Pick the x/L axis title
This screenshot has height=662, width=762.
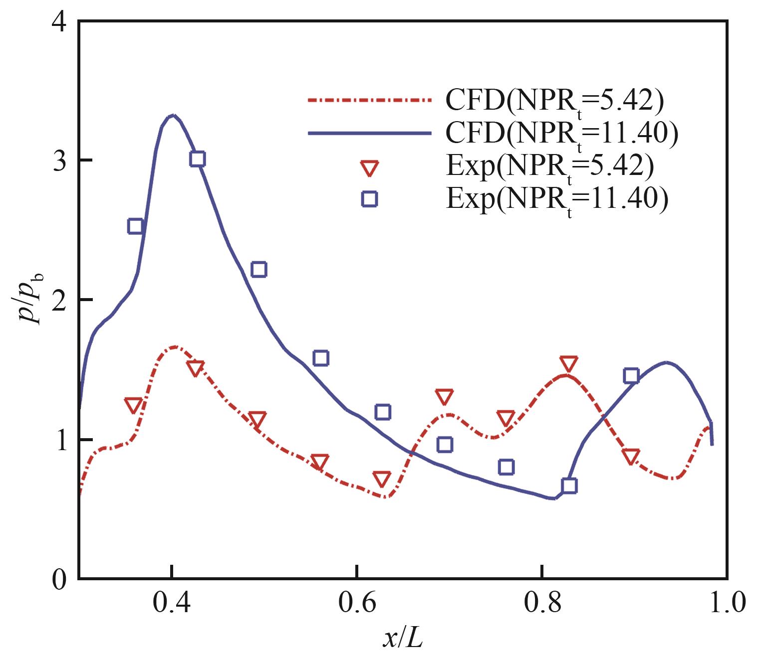(403, 639)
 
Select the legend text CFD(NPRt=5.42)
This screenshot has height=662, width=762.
(554, 101)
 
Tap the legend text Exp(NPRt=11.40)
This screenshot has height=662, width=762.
(556, 198)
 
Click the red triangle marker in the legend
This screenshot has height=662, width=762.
(369, 168)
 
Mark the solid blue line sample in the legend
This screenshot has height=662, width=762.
(369, 133)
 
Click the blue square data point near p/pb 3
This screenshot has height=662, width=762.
(198, 159)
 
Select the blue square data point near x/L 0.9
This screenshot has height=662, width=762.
(631, 375)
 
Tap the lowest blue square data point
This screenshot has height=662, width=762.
(569, 486)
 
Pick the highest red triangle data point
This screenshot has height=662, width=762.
(569, 363)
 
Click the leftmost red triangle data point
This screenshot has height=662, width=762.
(133, 405)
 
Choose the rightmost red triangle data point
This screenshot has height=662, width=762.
(631, 456)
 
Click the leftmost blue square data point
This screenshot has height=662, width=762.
(135, 226)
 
